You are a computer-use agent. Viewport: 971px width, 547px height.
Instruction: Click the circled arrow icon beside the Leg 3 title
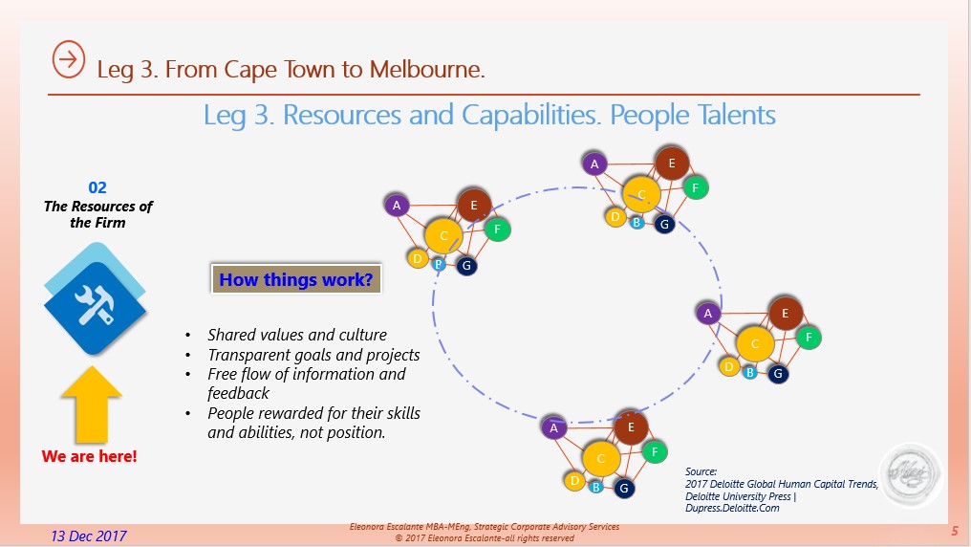click(68, 59)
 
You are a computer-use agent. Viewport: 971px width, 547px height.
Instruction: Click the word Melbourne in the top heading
click(426, 69)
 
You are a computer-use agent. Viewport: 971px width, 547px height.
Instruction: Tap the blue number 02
click(97, 187)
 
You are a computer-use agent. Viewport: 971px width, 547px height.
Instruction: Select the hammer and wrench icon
click(95, 299)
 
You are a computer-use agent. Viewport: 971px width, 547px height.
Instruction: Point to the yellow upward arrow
click(92, 404)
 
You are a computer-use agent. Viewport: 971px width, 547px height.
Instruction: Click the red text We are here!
click(89, 456)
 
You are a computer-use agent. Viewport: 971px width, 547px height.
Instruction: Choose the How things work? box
click(296, 279)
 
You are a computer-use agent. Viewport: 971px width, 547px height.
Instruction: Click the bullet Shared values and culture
click(296, 335)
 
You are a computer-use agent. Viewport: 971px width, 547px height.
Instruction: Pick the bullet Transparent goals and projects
click(313, 355)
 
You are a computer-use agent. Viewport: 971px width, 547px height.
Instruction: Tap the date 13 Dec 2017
click(89, 536)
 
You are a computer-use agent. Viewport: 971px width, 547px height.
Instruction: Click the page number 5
click(955, 531)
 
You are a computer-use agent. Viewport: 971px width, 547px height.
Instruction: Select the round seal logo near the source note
click(911, 473)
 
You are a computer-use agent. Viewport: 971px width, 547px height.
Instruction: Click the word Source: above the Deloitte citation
click(701, 471)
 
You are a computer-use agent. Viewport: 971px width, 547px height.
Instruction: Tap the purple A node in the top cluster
click(594, 164)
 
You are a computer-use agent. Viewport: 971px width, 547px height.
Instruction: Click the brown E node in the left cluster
click(474, 205)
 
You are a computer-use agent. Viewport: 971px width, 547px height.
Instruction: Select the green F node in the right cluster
click(809, 338)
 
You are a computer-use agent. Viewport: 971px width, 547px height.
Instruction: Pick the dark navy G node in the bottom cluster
click(623, 488)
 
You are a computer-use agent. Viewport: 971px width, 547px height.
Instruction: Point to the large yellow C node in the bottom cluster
click(601, 459)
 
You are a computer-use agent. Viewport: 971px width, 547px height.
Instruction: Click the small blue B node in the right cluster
click(750, 373)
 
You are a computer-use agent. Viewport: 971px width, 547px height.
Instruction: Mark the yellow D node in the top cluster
click(615, 217)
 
